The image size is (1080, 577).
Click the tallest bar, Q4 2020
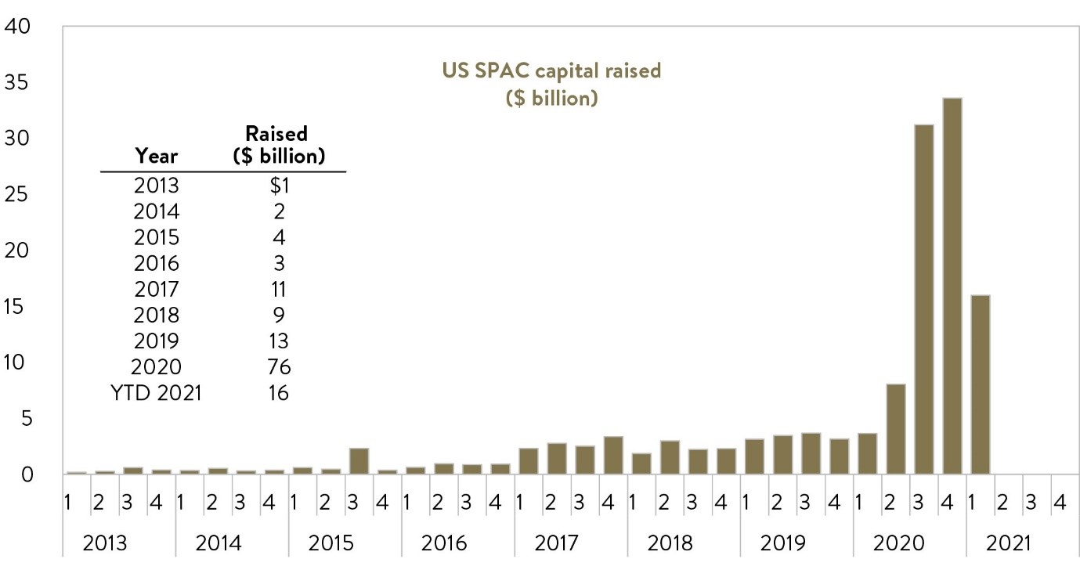[x=952, y=286]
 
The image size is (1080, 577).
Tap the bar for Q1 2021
[x=980, y=384]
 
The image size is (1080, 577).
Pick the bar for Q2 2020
[x=895, y=429]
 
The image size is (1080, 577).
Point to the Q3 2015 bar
[x=359, y=461]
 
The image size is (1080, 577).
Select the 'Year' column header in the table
[x=157, y=155]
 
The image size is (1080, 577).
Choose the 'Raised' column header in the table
[x=277, y=133]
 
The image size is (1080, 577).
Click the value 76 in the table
[x=277, y=366]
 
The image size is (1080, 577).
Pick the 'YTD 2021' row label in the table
[x=157, y=393]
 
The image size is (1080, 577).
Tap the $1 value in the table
[x=277, y=186]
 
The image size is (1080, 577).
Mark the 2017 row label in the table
[x=157, y=289]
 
